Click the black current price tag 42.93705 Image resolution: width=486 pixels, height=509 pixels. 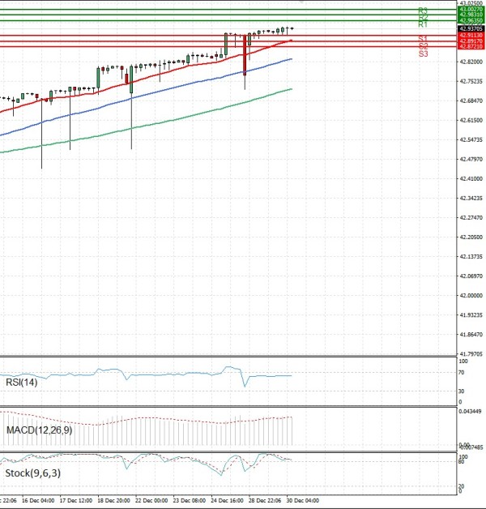tap(471, 28)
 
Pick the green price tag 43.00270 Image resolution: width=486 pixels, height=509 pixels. tap(471, 9)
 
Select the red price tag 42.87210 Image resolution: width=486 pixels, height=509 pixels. tap(471, 47)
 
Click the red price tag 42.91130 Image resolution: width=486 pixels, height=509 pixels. tap(471, 36)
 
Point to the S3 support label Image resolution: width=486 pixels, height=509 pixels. tap(423, 53)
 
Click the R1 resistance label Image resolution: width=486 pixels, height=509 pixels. tap(423, 24)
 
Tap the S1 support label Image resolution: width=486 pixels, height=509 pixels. tap(423, 38)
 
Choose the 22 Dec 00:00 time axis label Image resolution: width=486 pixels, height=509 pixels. tap(151, 500)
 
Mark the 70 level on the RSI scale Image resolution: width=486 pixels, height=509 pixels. tap(460, 372)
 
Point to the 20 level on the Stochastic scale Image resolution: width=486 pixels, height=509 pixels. tap(461, 485)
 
